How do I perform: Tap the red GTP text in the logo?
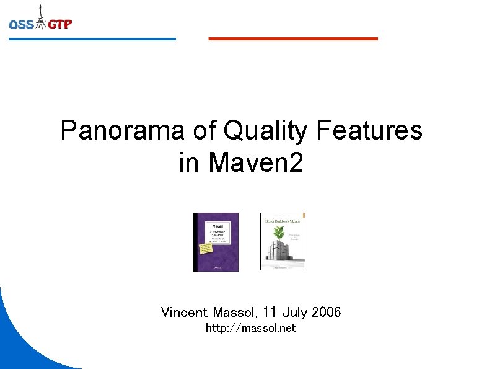pos(60,25)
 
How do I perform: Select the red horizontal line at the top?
pos(292,38)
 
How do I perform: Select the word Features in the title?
pos(369,131)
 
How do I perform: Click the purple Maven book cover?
pos(216,242)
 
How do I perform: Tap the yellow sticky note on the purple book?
pos(204,249)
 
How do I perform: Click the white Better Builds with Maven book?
pos(283,242)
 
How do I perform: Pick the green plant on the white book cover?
pos(280,233)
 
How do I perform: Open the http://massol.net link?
pos(251,328)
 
